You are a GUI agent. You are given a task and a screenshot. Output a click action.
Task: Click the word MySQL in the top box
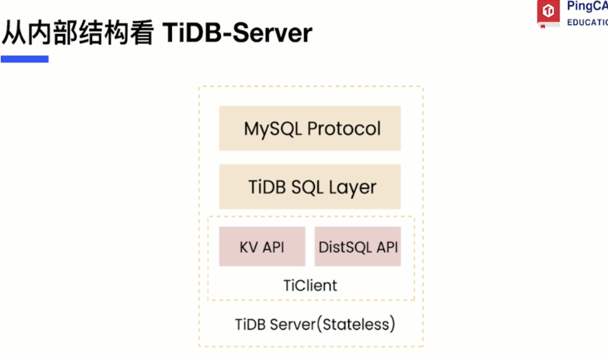pyautogui.click(x=273, y=129)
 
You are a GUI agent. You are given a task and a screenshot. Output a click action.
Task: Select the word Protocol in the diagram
pyautogui.click(x=344, y=129)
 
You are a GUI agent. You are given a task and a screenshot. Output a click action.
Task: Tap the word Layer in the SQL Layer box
pyautogui.click(x=353, y=188)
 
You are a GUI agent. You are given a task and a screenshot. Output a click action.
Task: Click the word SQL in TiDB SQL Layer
pyautogui.click(x=307, y=188)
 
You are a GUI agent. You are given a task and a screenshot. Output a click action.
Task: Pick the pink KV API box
pyautogui.click(x=262, y=246)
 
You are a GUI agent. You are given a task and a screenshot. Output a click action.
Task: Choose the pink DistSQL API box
pyautogui.click(x=357, y=246)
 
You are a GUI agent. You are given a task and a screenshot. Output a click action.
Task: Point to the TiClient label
pyautogui.click(x=310, y=286)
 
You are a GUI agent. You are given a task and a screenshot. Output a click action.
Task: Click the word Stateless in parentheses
pyautogui.click(x=356, y=324)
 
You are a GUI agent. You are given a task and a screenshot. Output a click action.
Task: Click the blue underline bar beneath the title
pyautogui.click(x=25, y=59)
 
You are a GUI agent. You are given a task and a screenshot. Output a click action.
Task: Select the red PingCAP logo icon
pyautogui.click(x=548, y=12)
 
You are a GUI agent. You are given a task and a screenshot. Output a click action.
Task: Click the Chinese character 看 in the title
pyautogui.click(x=142, y=32)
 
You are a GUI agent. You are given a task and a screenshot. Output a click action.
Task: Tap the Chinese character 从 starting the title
pyautogui.click(x=14, y=32)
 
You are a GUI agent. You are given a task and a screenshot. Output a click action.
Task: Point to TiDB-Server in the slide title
pyautogui.click(x=237, y=32)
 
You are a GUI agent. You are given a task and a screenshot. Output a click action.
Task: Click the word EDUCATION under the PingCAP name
pyautogui.click(x=588, y=23)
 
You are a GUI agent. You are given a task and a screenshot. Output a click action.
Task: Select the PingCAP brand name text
pyautogui.click(x=588, y=6)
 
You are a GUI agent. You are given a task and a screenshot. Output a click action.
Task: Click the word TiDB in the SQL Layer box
pyautogui.click(x=267, y=187)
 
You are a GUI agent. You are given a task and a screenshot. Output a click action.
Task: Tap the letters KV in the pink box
pyautogui.click(x=248, y=247)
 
